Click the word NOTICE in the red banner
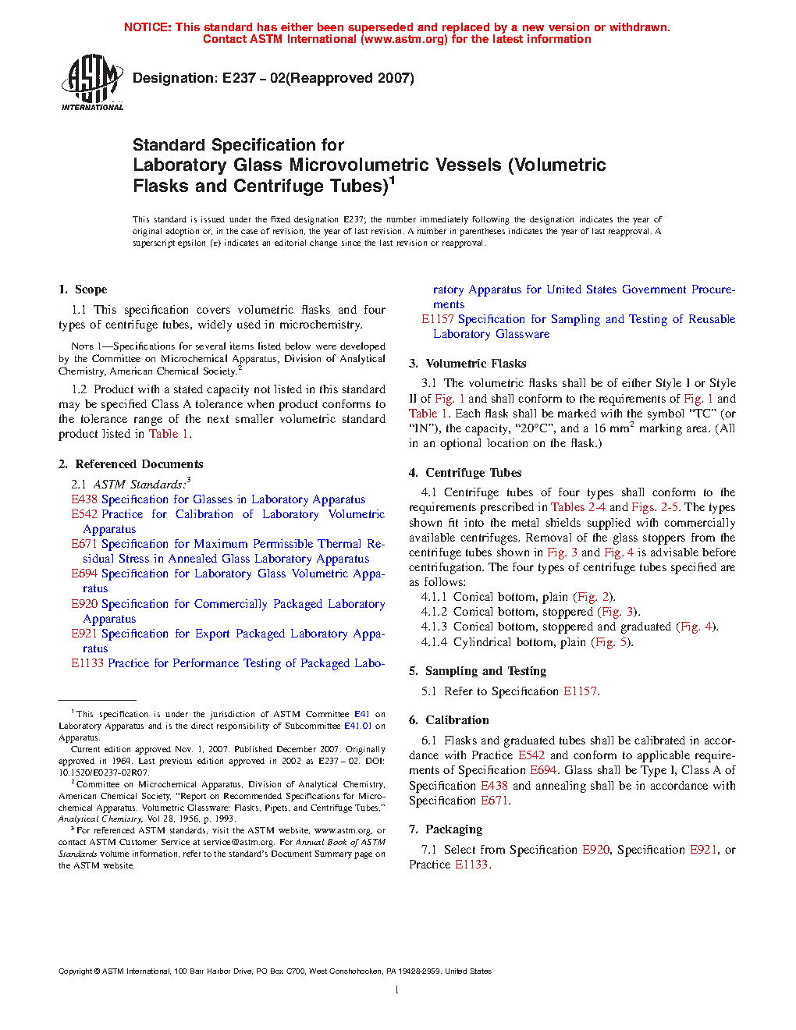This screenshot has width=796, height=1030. click(x=147, y=27)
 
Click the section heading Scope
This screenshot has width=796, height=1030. click(x=91, y=289)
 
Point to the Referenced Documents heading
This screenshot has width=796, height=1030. click(x=139, y=464)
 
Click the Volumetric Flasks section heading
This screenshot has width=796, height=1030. click(x=475, y=364)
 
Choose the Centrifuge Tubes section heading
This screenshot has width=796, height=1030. click(x=473, y=473)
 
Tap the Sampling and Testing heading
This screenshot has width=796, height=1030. click(x=485, y=671)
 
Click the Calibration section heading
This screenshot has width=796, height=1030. click(x=457, y=720)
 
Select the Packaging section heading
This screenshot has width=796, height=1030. click(x=453, y=829)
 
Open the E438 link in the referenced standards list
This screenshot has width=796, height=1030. click(x=84, y=499)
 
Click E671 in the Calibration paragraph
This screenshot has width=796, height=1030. click(x=495, y=801)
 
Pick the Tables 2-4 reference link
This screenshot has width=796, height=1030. click(x=577, y=507)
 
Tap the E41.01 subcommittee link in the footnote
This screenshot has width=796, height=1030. click(x=357, y=726)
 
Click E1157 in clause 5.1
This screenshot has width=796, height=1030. click(x=580, y=691)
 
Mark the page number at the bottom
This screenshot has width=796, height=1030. click(x=397, y=990)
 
